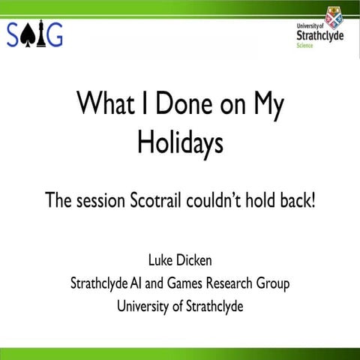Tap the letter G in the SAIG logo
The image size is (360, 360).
[53, 34]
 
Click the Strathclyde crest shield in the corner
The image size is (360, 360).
[334, 15]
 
